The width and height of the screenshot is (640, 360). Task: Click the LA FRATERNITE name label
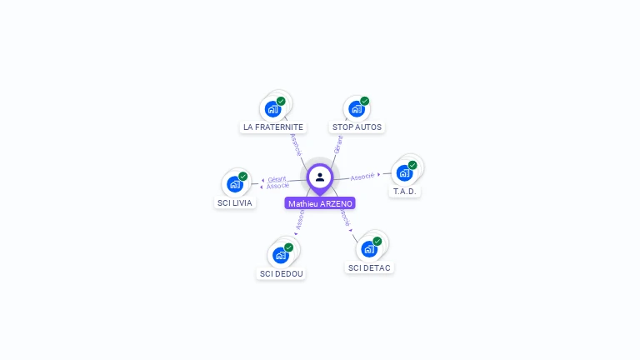[x=272, y=127]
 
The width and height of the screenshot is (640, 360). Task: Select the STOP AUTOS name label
[x=357, y=127]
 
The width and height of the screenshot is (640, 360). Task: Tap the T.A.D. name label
[x=406, y=192]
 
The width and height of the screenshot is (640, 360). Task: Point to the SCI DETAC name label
[x=369, y=267]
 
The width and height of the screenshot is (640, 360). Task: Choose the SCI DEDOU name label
[x=282, y=273]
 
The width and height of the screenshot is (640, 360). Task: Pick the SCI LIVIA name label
[x=234, y=202]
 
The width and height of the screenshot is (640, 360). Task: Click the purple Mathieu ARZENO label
[x=320, y=203]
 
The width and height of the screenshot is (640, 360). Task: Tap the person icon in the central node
[x=320, y=177]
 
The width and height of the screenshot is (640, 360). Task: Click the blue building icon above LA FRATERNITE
[x=272, y=108]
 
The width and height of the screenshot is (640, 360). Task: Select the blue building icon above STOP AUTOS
[x=356, y=108]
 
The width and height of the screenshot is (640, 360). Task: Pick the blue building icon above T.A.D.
[x=404, y=172]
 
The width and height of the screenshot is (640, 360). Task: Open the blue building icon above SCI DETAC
[x=368, y=248]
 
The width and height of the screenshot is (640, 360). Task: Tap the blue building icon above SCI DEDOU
[x=280, y=255]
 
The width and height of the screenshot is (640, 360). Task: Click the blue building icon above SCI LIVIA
[x=234, y=184]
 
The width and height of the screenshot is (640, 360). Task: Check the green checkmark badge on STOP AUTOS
[x=364, y=101]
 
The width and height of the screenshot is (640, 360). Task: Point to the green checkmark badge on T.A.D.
[x=412, y=165]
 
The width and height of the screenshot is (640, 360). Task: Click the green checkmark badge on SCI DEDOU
[x=288, y=247]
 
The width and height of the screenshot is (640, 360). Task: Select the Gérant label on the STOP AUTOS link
[x=337, y=144]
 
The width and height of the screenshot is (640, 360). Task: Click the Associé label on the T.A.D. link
[x=362, y=177]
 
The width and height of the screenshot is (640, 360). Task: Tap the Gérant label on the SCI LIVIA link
[x=277, y=178]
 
